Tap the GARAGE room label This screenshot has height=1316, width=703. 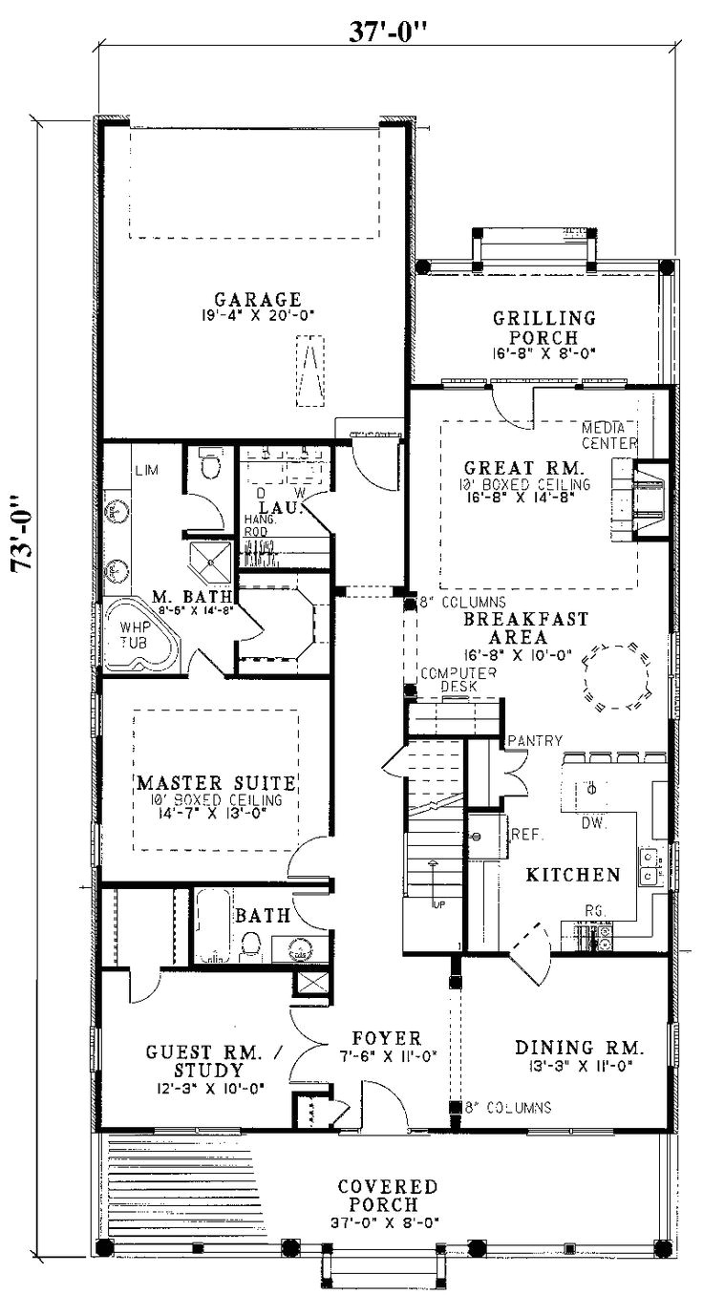pos(258,299)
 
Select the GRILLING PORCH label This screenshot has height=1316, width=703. pos(543,328)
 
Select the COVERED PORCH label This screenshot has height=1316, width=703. pos(388,1195)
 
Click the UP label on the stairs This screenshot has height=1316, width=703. pos(439,902)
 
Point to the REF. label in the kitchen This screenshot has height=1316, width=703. pos(527,834)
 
